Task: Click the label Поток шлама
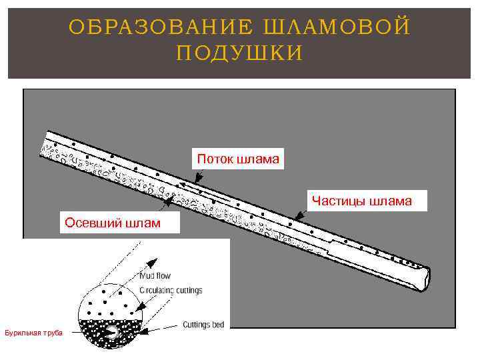pos(238,159)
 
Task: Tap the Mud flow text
pos(155,275)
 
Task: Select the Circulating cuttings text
pos(171,291)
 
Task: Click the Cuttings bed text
pos(203,325)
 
